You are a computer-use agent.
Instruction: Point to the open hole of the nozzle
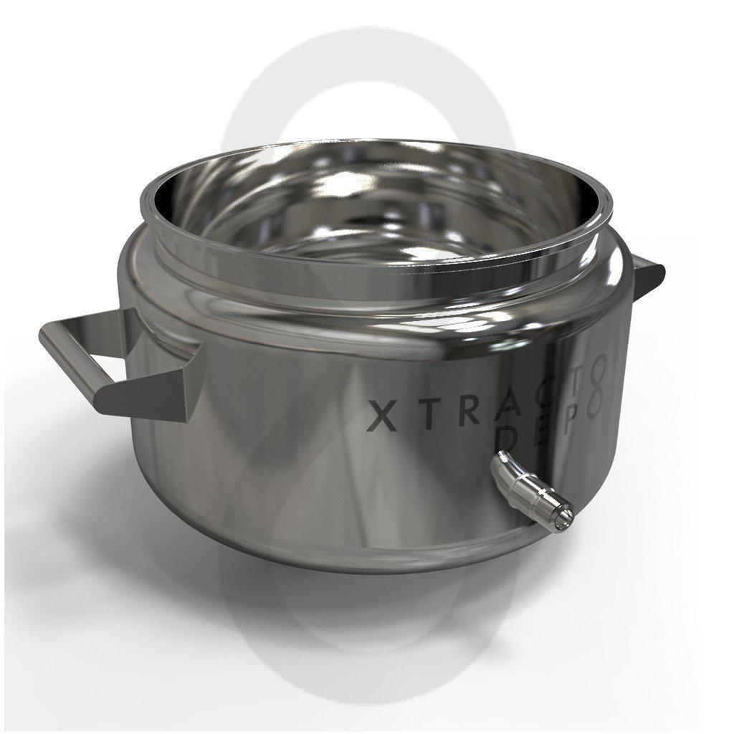(x=568, y=513)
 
